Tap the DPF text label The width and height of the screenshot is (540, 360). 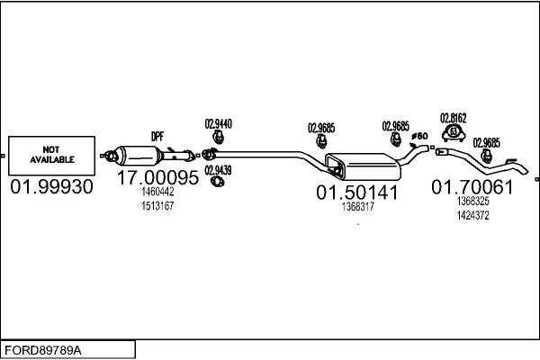tap(157, 136)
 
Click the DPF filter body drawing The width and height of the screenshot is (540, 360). tap(144, 154)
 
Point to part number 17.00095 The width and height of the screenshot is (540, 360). tap(157, 178)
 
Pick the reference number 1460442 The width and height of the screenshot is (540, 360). tap(157, 193)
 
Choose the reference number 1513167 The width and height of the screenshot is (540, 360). tap(157, 206)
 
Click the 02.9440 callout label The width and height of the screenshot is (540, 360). tap(219, 123)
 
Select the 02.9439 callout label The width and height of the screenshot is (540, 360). tap(217, 169)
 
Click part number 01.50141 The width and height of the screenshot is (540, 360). tap(356, 193)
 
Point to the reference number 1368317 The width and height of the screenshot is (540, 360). tap(357, 207)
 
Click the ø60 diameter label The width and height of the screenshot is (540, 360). tap(418, 136)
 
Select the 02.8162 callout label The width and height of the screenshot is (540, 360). tap(453, 117)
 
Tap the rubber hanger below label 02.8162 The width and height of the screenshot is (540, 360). tap(454, 135)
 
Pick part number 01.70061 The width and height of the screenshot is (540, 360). tap(472, 187)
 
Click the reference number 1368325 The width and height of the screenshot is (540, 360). tap(472, 202)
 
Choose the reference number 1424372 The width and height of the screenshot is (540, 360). tap(472, 215)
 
